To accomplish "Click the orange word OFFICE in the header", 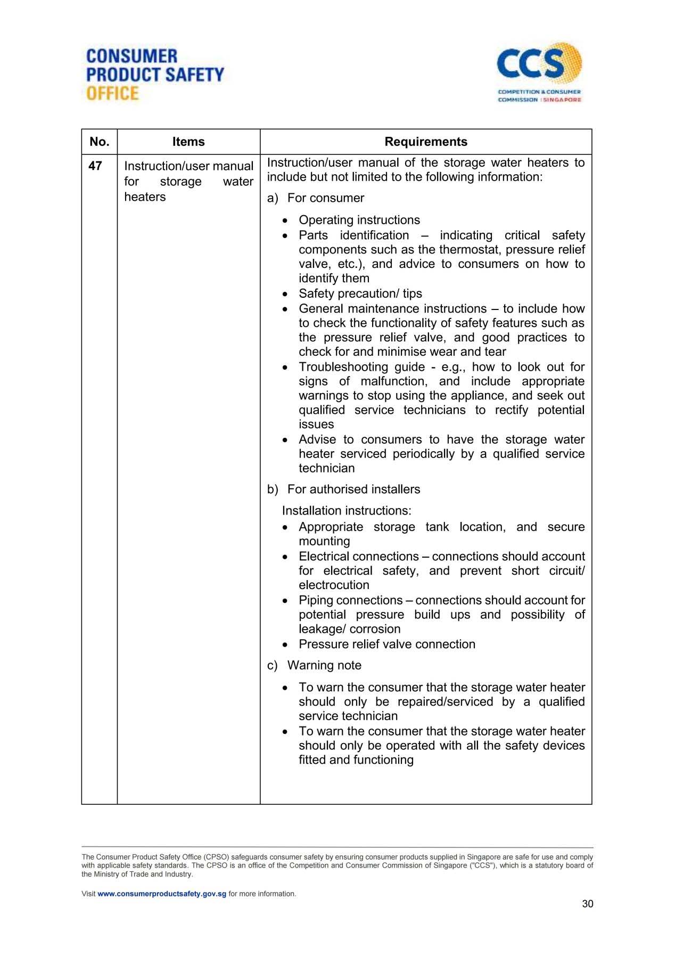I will [112, 94].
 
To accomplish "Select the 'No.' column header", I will [100, 142].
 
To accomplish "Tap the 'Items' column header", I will [188, 142].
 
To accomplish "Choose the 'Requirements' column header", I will [426, 142].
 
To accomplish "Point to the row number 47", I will [95, 166].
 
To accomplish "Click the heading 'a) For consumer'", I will [316, 198].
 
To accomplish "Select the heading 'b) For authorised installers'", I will [343, 489].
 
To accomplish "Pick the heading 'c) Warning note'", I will [314, 666].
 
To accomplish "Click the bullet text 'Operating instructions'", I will [359, 220].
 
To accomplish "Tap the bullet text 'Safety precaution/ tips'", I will [360, 293].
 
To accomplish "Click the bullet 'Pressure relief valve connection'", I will [387, 644].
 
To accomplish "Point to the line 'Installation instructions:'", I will [347, 511].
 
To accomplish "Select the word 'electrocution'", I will [334, 585].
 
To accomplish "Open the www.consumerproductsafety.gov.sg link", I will [162, 894].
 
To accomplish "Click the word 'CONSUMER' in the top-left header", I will [131, 56].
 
